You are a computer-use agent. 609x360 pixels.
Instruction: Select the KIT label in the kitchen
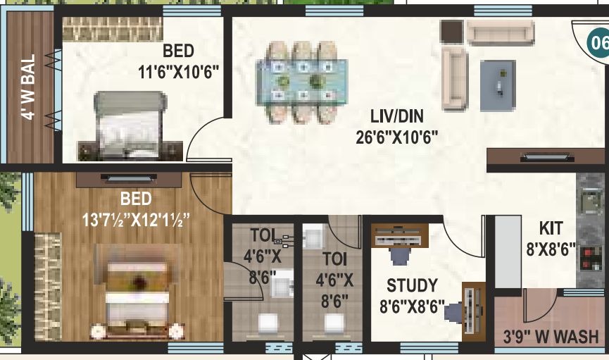click(552, 229)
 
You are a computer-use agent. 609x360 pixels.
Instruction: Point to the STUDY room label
click(412, 286)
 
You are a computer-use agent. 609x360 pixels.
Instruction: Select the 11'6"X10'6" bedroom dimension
click(179, 71)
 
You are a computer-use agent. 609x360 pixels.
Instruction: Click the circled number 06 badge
click(598, 42)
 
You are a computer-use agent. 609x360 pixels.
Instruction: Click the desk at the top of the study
click(399, 236)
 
